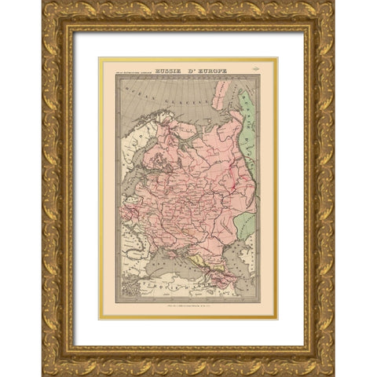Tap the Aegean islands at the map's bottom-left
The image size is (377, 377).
(126, 295)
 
